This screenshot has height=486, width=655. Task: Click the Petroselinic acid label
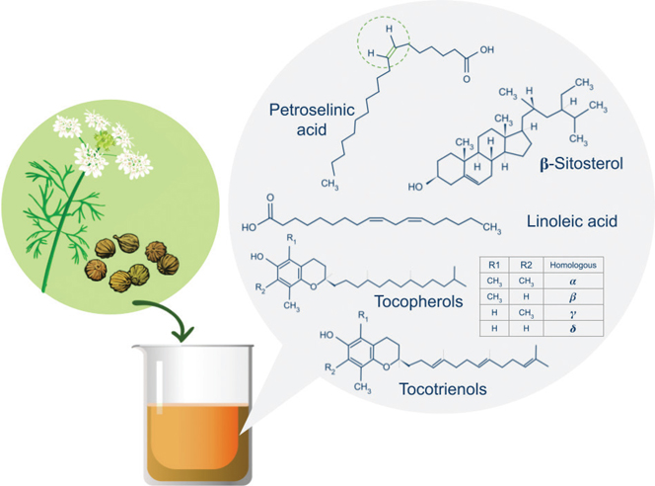[312, 120]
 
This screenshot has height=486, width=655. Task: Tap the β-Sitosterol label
[581, 164]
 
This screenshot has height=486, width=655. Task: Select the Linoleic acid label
[572, 221]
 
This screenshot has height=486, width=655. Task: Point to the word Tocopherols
[418, 301]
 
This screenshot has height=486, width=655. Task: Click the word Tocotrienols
[443, 389]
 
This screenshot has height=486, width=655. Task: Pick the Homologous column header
[573, 265]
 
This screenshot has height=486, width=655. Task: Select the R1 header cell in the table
[494, 265]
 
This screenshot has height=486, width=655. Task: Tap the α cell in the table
[573, 282]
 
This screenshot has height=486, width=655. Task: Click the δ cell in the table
[573, 328]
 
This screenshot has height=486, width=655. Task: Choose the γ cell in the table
[573, 313]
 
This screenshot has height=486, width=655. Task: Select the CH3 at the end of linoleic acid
[491, 228]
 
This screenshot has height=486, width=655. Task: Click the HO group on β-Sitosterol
[415, 187]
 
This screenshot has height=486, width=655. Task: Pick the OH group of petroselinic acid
[486, 49]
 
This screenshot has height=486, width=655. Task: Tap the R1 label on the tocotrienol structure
[363, 316]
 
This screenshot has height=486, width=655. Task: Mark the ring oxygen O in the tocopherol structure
[314, 286]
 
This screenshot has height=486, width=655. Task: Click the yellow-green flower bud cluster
[104, 139]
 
